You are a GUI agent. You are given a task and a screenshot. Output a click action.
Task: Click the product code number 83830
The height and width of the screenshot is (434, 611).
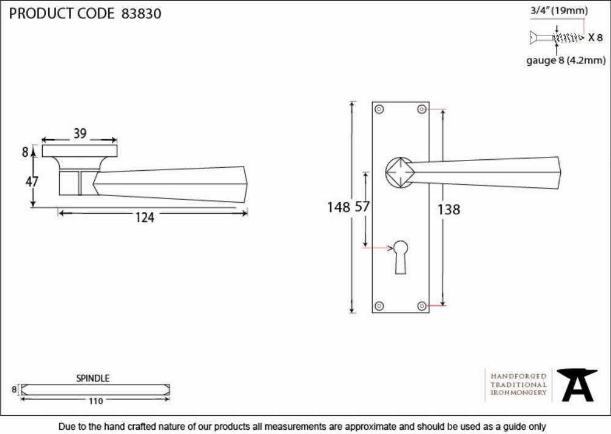coord(142,13)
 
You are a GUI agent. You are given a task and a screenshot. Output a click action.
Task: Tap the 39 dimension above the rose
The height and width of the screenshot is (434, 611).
coord(80,134)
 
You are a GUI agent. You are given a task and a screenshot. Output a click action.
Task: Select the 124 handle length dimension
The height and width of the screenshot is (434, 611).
coord(145,217)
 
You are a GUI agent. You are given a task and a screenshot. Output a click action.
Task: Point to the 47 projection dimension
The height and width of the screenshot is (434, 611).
coord(32,181)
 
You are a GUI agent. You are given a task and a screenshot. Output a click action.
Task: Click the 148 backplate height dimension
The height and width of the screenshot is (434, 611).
coord(338,207)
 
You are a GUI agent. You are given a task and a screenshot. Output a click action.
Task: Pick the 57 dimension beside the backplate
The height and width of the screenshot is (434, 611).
coord(362,206)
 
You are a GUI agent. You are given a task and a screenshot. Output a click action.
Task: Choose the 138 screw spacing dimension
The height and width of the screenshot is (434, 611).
coord(449,210)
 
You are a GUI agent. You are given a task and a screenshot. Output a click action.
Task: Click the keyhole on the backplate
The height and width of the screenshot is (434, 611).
coord(401,257)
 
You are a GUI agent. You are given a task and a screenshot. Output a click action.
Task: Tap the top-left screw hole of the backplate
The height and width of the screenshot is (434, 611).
coord(379,109)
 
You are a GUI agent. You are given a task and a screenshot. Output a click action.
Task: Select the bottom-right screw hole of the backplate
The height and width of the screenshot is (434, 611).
coord(422,306)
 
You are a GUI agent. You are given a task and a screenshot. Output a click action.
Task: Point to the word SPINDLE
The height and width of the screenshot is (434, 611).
coord(93,378)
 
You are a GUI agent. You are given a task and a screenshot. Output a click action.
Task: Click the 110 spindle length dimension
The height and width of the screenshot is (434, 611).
coord(95,401)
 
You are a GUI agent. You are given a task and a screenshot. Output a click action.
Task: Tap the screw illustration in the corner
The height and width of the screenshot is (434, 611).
coord(557,37)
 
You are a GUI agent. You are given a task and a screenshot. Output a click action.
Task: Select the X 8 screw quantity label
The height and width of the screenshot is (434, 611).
coord(595,37)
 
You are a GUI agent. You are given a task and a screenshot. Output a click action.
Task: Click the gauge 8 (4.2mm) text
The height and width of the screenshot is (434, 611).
coord(566,60)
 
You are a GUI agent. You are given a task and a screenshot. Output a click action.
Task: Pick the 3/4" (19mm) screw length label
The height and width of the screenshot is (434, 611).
coord(559,10)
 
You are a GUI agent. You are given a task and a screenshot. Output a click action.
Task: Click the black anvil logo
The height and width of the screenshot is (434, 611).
coord(577,385)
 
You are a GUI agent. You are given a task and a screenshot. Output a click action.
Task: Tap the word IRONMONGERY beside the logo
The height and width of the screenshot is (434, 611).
coord(519,392)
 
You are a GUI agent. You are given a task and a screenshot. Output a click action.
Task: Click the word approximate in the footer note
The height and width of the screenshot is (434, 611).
coord(370,427)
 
